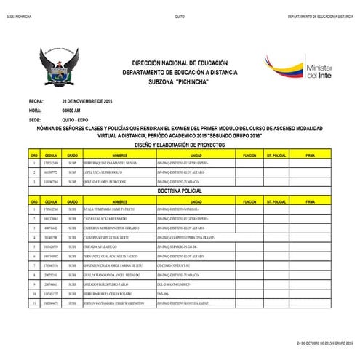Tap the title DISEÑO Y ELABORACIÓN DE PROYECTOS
[180, 144]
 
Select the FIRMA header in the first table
[311, 155]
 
